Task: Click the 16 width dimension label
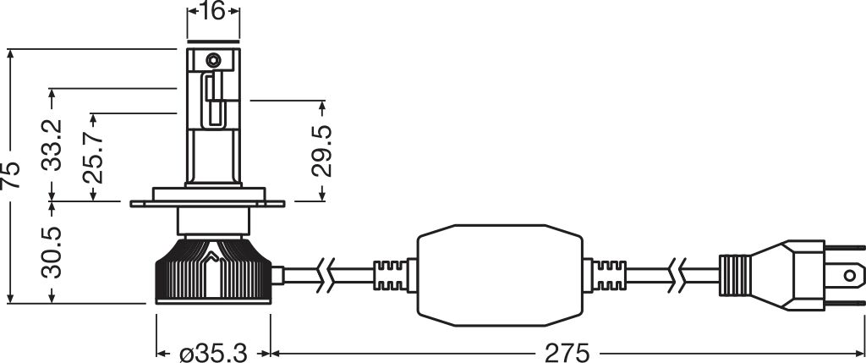pos(212,12)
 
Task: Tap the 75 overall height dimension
pos(11,174)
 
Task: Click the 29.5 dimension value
pos(321,151)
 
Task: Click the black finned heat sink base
pos(213,275)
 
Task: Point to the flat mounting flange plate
pos(212,204)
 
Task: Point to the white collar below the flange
pos(213,222)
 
